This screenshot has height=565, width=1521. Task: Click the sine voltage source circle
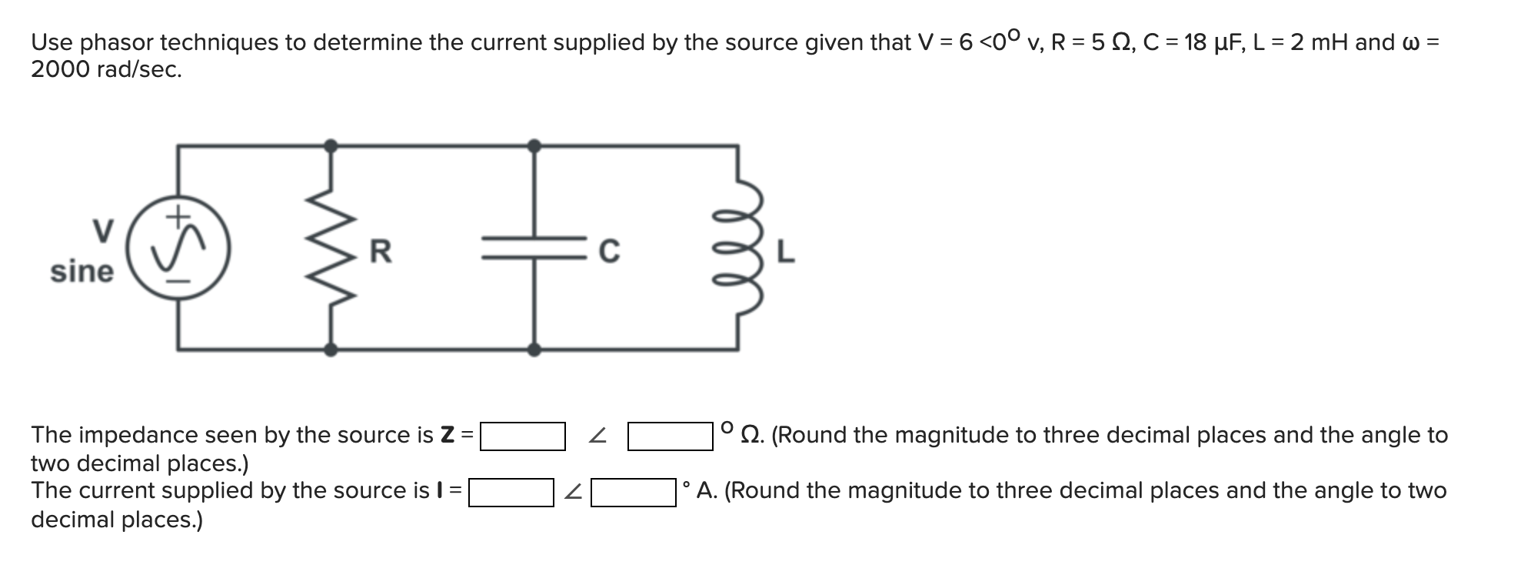pyautogui.click(x=178, y=248)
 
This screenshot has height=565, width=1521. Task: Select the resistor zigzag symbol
pyautogui.click(x=331, y=248)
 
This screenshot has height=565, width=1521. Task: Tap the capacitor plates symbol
pyautogui.click(x=534, y=248)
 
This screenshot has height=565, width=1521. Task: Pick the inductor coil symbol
pyautogui.click(x=741, y=248)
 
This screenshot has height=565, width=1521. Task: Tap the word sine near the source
pyautogui.click(x=82, y=272)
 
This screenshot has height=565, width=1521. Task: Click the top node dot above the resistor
pyautogui.click(x=331, y=145)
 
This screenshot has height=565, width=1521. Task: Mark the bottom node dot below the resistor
pyautogui.click(x=331, y=349)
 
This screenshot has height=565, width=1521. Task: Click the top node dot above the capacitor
pyautogui.click(x=534, y=145)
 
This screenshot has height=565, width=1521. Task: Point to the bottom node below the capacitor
pyautogui.click(x=534, y=349)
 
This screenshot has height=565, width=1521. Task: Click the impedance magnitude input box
pyautogui.click(x=523, y=436)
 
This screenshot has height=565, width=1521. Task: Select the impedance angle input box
pyautogui.click(x=670, y=436)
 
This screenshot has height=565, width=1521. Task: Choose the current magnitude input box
pyautogui.click(x=511, y=492)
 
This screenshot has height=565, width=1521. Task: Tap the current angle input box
pyautogui.click(x=634, y=492)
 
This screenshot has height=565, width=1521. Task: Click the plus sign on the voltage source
pyautogui.click(x=178, y=216)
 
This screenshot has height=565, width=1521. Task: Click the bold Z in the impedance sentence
pyautogui.click(x=447, y=435)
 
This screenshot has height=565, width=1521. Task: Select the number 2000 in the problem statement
pyautogui.click(x=61, y=70)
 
